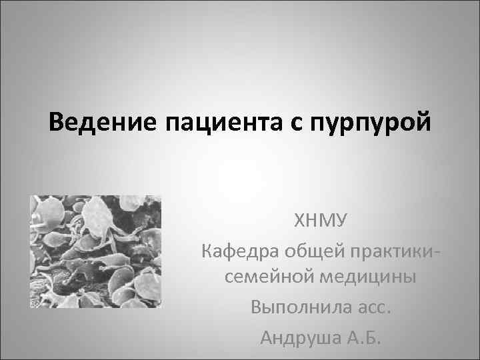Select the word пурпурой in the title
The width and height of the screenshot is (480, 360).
369,124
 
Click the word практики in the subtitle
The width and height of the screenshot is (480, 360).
397,251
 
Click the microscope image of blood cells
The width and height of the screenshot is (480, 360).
96,251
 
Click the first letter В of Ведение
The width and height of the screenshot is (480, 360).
58,123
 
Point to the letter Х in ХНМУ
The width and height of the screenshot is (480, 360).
299,221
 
